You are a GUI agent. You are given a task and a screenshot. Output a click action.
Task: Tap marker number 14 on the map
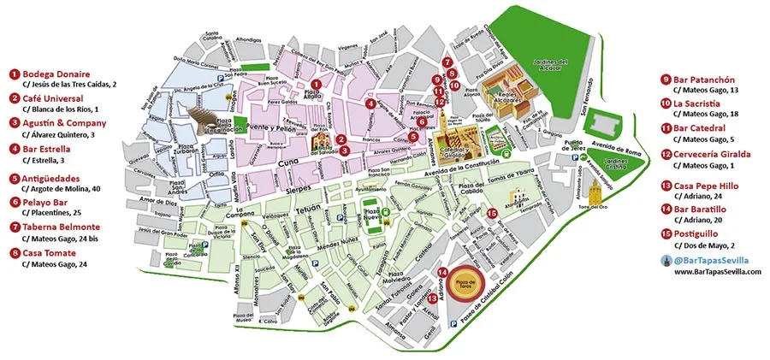click(442, 273)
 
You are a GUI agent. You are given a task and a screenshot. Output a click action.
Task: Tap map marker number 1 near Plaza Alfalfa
click(316, 84)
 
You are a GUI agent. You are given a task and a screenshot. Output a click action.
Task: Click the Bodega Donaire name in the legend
click(56, 74)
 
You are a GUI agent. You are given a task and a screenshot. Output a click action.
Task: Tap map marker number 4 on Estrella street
click(370, 103)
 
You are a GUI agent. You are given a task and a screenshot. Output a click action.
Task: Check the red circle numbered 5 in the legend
click(15, 179)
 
